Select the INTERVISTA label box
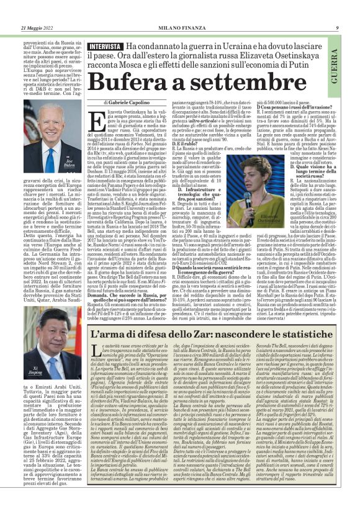click(104, 47)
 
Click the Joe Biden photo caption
click(70, 164)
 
